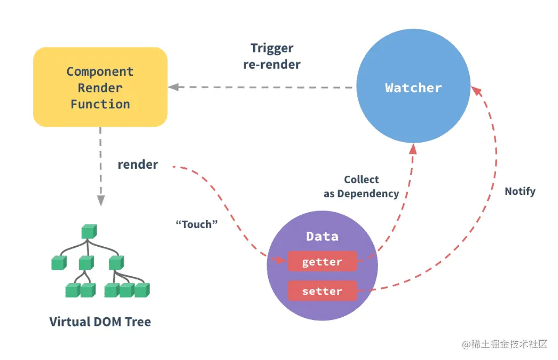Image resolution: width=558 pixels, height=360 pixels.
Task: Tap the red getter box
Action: tap(322, 262)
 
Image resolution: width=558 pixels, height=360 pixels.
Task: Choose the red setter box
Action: tap(322, 291)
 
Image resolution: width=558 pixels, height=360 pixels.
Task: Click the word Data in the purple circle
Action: tap(322, 236)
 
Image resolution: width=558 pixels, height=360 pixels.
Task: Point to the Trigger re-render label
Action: tap(272, 56)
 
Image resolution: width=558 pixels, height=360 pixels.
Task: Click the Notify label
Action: tap(520, 191)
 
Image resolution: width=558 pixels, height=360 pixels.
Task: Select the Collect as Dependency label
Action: tap(361, 186)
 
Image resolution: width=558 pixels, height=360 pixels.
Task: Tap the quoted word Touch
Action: tap(197, 224)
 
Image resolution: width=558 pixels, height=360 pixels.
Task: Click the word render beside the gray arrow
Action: tap(138, 165)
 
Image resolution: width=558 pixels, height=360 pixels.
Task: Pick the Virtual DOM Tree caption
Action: tap(100, 322)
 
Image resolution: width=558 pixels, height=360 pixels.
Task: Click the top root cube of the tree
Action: tap(88, 232)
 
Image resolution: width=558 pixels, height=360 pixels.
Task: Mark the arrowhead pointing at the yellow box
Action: tap(172, 87)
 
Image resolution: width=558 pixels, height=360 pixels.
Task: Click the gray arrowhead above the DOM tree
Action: tap(100, 200)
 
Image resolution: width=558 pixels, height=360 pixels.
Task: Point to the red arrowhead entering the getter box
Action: tap(282, 261)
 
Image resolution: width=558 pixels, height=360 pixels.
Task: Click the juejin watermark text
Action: tap(505, 344)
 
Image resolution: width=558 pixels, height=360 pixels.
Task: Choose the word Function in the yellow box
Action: tap(100, 104)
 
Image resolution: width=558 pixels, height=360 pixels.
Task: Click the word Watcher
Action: tap(413, 88)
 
